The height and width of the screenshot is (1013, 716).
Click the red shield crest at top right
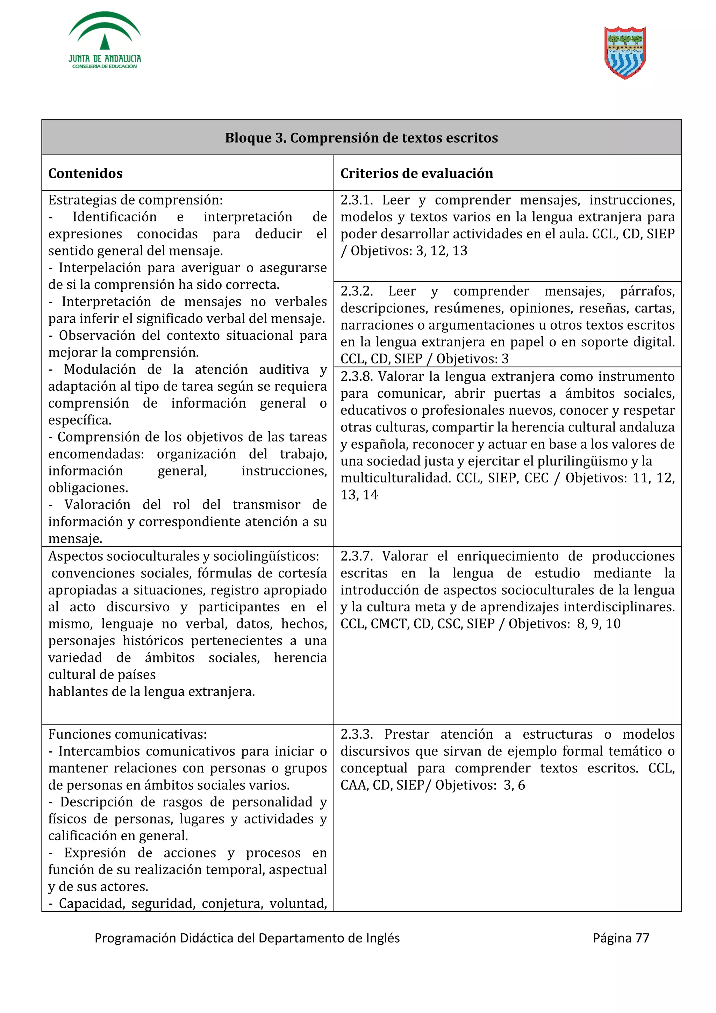[625, 52]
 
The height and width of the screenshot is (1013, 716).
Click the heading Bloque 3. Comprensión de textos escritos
[361, 138]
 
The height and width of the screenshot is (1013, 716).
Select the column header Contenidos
[85, 173]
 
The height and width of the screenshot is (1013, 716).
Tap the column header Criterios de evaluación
[416, 173]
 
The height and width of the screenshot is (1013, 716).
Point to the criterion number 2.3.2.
[357, 291]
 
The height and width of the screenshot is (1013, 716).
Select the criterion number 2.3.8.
[357, 376]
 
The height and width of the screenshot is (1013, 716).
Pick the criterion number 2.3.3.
[357, 734]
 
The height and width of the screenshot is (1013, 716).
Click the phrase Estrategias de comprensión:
[135, 200]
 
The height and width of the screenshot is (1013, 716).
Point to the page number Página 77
[621, 937]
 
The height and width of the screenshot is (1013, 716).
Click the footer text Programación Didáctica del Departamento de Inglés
[247, 937]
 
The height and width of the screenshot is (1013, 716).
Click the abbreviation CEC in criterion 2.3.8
[536, 478]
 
